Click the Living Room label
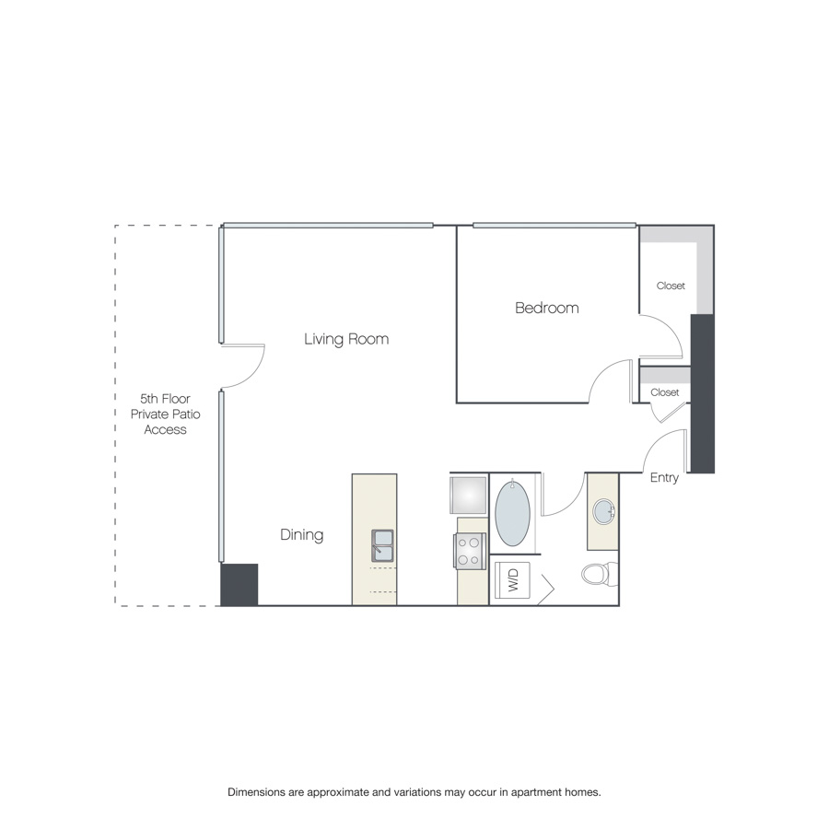pos(346,339)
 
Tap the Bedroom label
pos(546,308)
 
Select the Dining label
pos(302,534)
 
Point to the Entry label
pos(664,477)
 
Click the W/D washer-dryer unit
pos(512,580)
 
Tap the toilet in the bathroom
pos(600,574)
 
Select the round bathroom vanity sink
pos(603,511)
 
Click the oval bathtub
pos(512,513)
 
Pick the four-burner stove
pos(470,551)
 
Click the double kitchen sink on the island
pos(382,545)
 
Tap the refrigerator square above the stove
pos(468,495)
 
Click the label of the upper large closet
pos(671,286)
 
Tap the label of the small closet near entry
pos(664,392)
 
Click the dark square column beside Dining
pos(239,584)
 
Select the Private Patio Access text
pos(166,421)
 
